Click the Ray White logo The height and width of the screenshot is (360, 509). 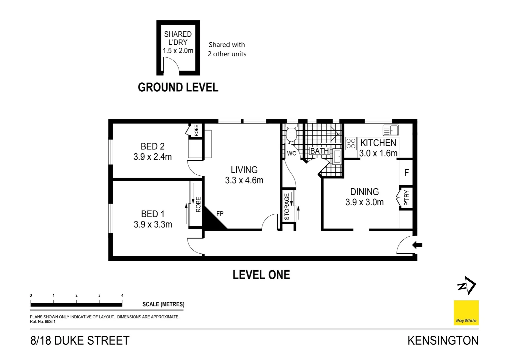[466, 313]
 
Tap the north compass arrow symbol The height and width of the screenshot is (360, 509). [467, 285]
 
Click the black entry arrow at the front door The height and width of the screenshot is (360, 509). [417, 245]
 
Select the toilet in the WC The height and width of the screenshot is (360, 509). [291, 134]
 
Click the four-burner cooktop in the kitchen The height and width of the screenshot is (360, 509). [351, 143]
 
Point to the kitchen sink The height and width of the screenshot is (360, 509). [391, 130]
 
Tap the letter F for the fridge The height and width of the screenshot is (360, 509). [406, 173]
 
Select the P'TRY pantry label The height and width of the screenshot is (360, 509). [406, 198]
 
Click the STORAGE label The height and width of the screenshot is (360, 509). [287, 207]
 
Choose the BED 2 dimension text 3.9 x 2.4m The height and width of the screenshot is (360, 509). [153, 157]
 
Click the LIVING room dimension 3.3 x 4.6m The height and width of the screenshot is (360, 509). [244, 180]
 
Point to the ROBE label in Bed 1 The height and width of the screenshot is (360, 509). [198, 204]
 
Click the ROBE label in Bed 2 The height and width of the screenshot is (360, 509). [196, 130]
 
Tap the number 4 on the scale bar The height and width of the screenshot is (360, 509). [122, 295]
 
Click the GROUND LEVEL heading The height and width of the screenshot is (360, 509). [178, 87]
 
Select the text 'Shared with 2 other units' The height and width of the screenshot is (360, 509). [227, 49]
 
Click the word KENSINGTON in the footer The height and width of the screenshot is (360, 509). [443, 341]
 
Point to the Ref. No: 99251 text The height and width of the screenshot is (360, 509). [43, 322]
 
